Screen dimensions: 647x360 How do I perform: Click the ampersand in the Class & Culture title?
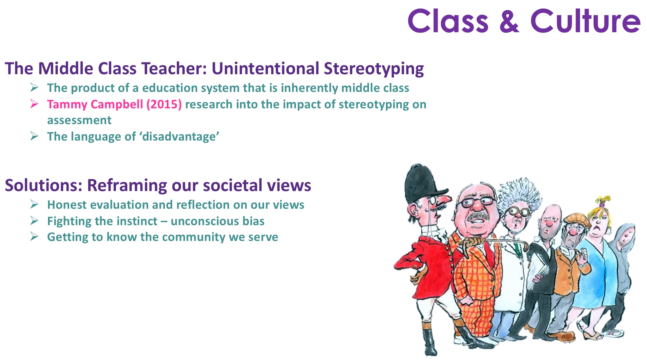509,21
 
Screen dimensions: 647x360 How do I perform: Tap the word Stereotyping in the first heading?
374,69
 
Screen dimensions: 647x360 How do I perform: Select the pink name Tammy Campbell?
95,104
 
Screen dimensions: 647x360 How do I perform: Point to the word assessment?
79,120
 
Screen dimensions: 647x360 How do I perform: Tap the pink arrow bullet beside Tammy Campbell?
34,104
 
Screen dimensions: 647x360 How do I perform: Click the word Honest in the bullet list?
67,205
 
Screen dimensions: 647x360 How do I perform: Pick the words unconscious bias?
218,221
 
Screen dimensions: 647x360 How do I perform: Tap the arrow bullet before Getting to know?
34,236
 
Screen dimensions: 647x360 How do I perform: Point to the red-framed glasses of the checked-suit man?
476,202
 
